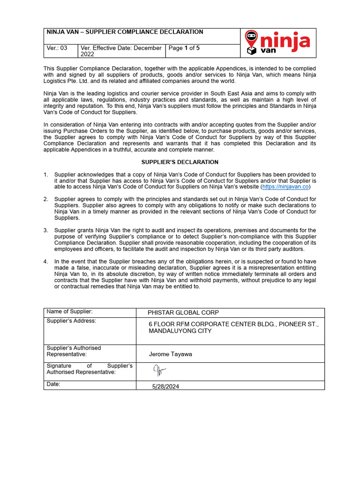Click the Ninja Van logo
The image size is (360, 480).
[277, 43]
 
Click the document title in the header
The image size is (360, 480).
[125, 32]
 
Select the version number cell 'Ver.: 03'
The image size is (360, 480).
[57, 48]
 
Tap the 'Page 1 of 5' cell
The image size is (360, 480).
[184, 48]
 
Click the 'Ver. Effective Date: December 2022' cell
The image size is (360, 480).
[121, 51]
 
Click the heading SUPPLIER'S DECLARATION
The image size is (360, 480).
[180, 162]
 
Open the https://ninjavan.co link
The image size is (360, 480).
[285, 187]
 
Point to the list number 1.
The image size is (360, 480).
[46, 174]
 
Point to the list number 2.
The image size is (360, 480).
[46, 199]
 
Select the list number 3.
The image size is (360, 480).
[46, 230]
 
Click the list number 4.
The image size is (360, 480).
[46, 262]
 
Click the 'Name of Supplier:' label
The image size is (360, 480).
[69, 312]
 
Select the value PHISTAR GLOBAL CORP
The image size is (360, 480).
[183, 313]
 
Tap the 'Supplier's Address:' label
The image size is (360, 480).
[71, 321]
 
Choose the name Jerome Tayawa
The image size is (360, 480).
[170, 354]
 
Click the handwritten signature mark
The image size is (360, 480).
[159, 371]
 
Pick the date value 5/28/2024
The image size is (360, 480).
[165, 387]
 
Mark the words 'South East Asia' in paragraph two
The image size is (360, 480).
[232, 93]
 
